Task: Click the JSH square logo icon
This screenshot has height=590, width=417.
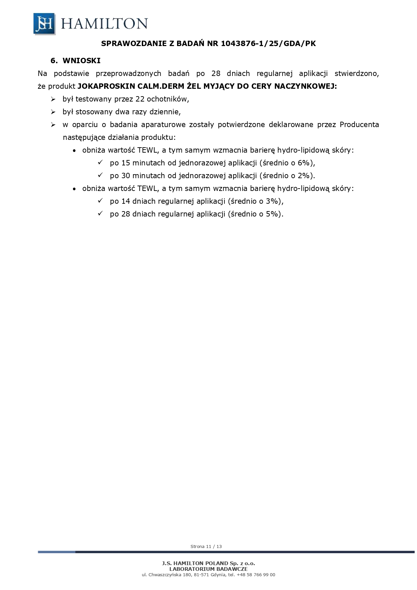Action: (44, 24)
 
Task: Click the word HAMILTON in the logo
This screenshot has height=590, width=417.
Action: (104, 24)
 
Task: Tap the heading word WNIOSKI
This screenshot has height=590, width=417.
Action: (82, 61)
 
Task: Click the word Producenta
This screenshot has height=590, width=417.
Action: (359, 125)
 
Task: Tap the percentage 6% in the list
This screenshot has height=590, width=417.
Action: (303, 163)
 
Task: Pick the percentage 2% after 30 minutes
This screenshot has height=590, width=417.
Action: (303, 176)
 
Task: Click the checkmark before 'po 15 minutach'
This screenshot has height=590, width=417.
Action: (100, 163)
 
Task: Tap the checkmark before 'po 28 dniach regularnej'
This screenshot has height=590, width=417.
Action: (100, 214)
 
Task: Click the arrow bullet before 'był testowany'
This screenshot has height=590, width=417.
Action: (53, 99)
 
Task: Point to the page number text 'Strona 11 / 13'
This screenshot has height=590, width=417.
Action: (206, 546)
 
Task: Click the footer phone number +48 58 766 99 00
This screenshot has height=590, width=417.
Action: (256, 575)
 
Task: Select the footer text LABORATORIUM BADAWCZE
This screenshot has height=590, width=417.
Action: (208, 569)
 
